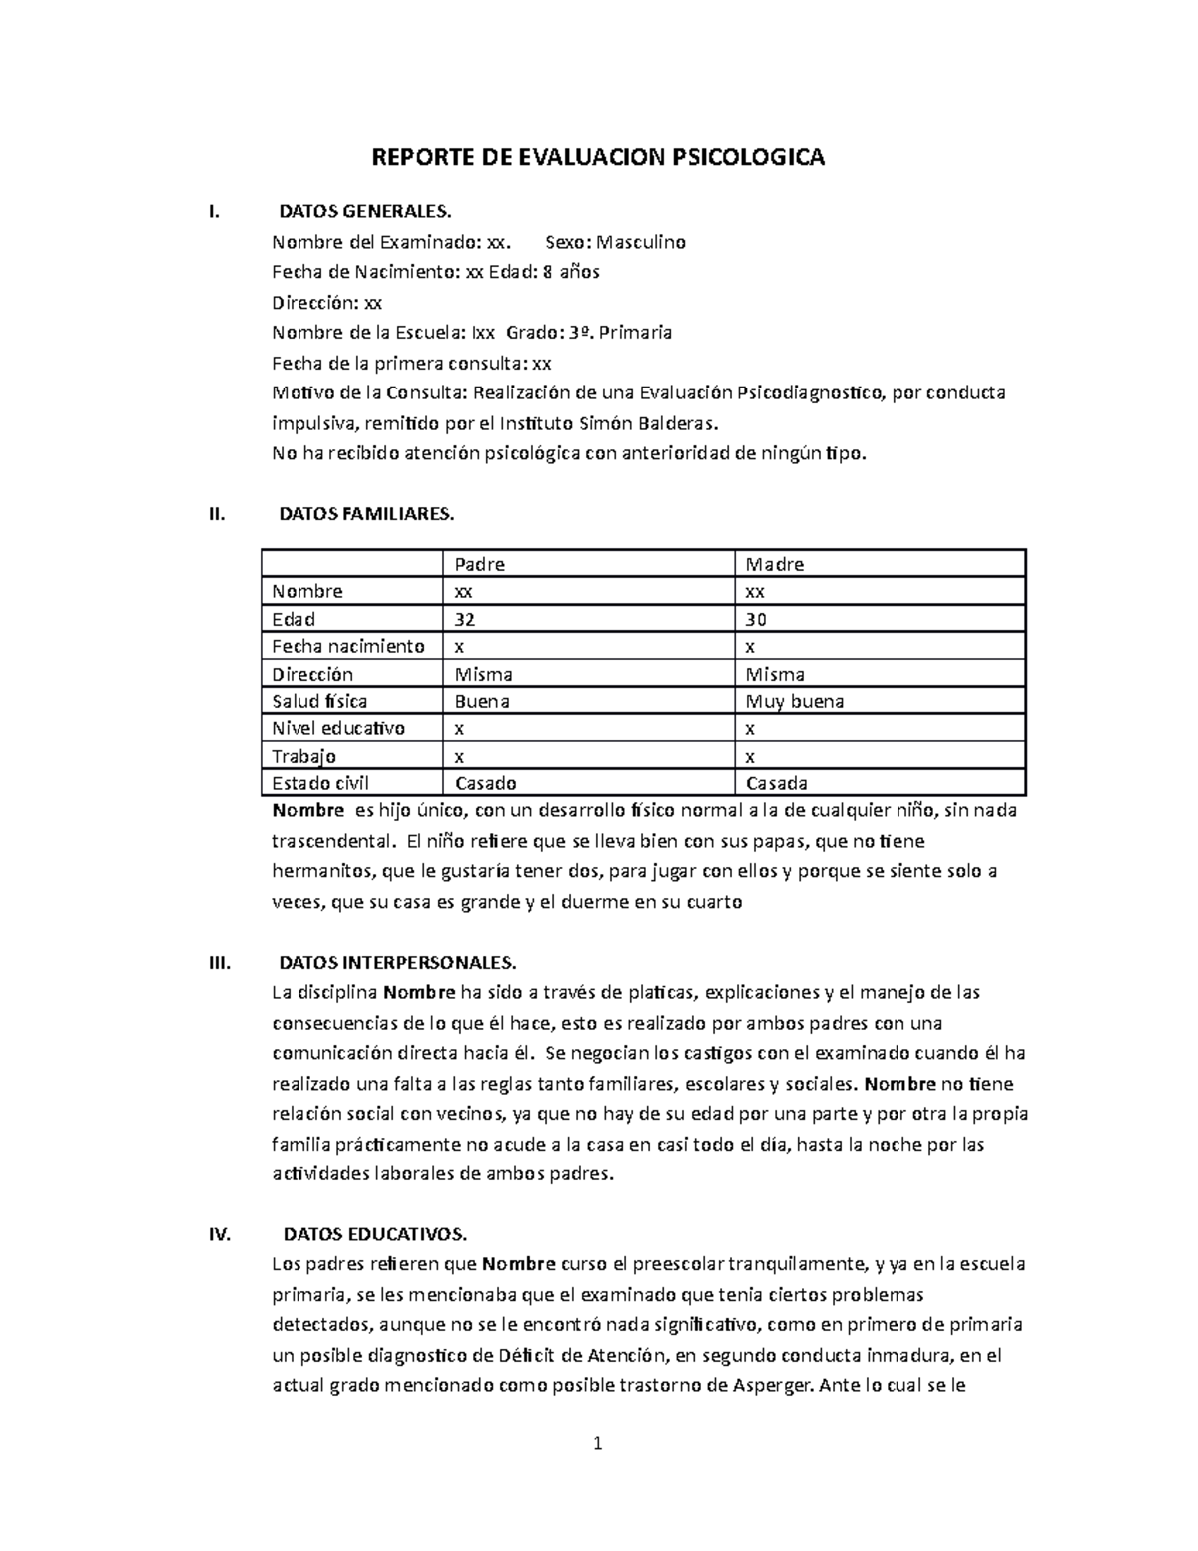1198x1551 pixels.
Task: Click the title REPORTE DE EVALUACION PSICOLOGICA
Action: coord(598,158)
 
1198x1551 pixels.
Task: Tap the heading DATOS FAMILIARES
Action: coord(366,514)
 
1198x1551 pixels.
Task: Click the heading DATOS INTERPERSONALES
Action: coord(397,963)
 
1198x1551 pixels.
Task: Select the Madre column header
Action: coord(775,564)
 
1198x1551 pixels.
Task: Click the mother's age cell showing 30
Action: coord(757,619)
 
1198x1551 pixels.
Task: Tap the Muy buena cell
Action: coord(795,701)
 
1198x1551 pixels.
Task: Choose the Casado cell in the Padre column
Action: coord(485,783)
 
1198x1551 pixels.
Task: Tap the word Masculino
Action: coord(640,242)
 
